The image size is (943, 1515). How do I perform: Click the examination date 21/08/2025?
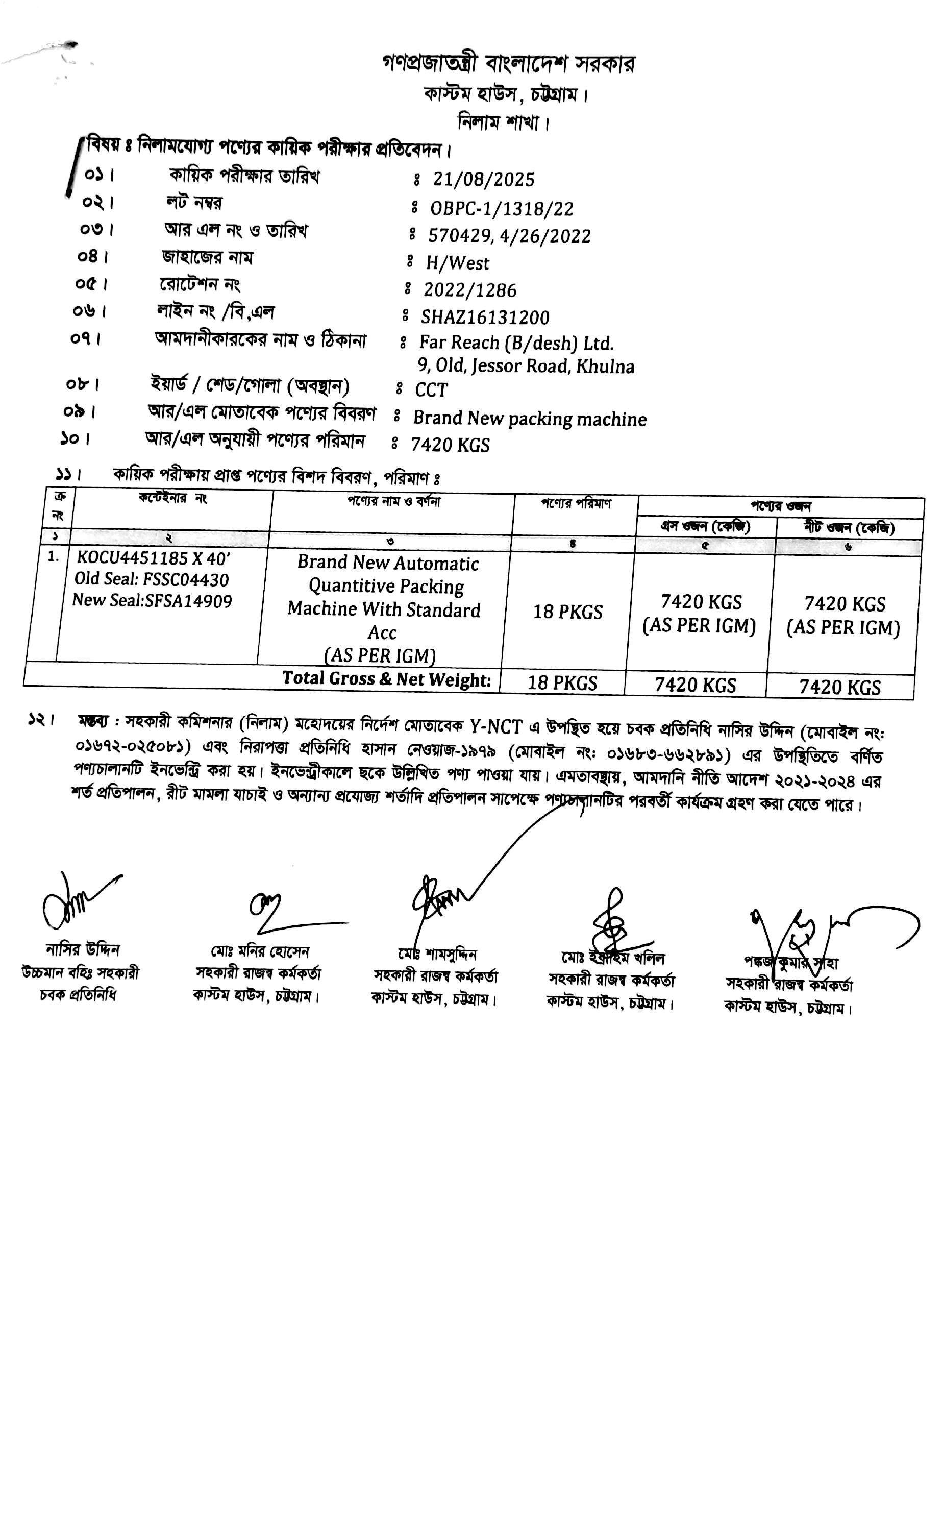(483, 180)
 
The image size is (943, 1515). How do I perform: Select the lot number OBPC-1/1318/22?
(502, 208)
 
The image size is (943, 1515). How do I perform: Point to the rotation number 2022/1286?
(469, 290)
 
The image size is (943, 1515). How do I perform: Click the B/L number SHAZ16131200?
(485, 317)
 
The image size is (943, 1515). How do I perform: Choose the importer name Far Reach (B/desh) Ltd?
(516, 343)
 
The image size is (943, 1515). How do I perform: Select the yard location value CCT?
(431, 390)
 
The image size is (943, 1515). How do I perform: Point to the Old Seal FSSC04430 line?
(152, 579)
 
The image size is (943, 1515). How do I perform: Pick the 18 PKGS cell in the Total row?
(562, 683)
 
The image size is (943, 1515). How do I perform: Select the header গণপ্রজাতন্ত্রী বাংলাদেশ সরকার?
(508, 64)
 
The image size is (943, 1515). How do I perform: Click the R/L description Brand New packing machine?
(530, 419)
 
